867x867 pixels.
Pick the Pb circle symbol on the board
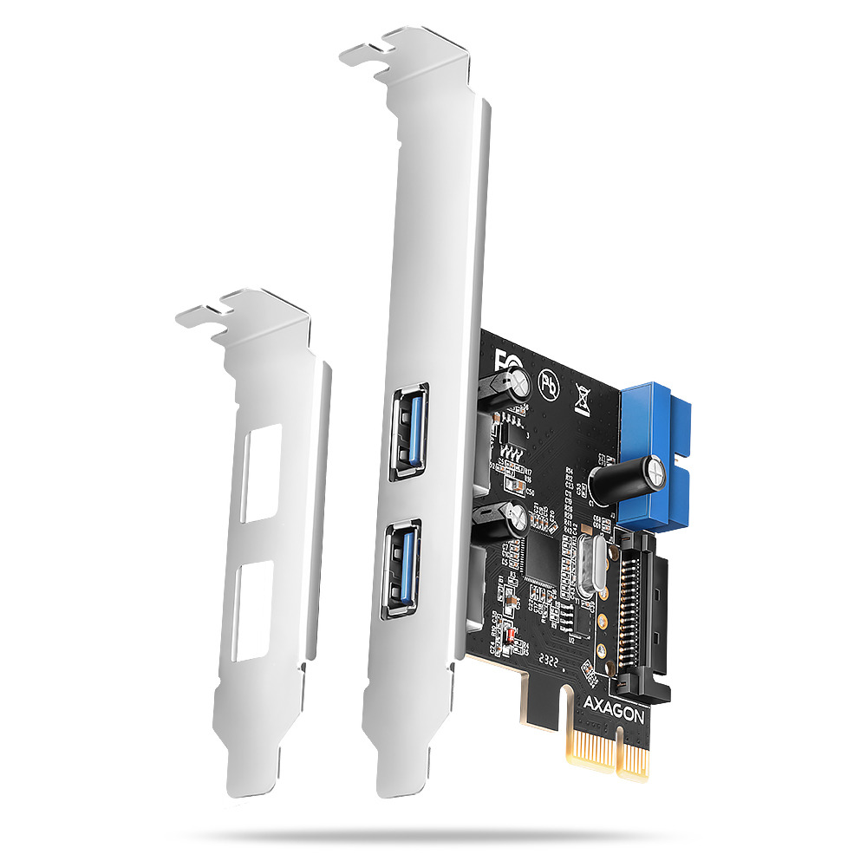pyautogui.click(x=549, y=382)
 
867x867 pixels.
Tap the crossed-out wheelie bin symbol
pyautogui.click(x=582, y=401)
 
